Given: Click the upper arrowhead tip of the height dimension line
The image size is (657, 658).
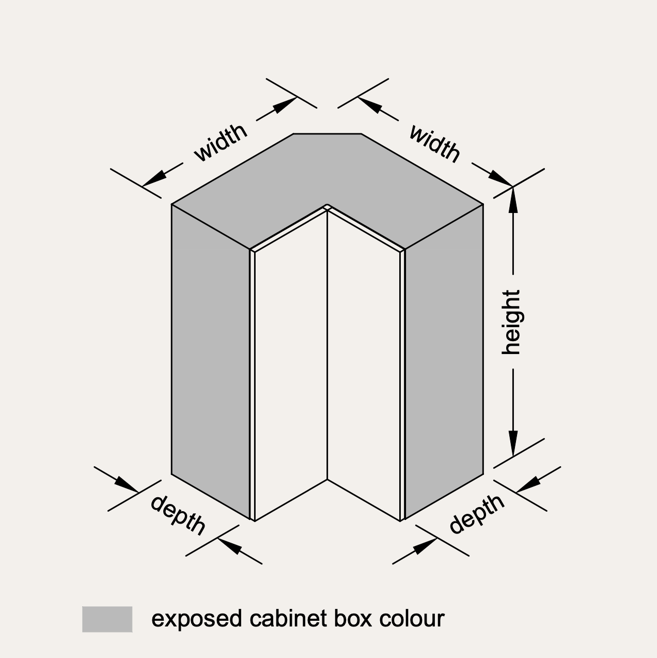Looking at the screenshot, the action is coord(513,187).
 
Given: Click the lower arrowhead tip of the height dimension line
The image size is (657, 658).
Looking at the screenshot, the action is coord(513,456).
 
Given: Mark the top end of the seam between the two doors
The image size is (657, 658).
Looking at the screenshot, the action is coord(327,211).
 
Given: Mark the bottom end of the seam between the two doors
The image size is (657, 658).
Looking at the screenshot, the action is coord(327,479).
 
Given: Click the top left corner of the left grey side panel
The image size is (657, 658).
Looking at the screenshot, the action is coord(171,205).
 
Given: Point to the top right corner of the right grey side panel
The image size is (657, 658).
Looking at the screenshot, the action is coord(483,205).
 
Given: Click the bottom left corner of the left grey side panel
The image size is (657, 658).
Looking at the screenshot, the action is coord(171,474).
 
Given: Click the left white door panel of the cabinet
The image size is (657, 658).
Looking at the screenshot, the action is coord(291,366).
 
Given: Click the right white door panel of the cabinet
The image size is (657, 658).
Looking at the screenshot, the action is coord(364,366).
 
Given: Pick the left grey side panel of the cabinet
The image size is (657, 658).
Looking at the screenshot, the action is coord(211,362).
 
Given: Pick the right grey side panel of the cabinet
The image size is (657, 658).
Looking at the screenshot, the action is coord(444,362).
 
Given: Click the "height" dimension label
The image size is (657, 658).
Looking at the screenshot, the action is coord(511,323).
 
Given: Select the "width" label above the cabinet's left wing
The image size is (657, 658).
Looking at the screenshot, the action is coord(221,142).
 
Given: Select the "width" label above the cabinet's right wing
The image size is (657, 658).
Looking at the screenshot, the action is coord(434,144).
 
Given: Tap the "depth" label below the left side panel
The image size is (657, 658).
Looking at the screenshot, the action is coord(178,515).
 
